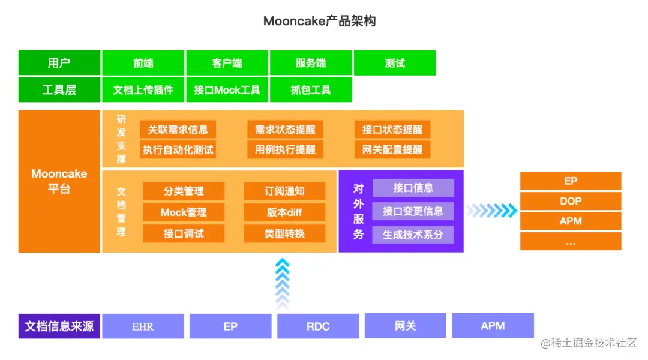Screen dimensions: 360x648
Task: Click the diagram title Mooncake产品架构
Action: [319, 21]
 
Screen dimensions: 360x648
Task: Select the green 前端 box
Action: [143, 63]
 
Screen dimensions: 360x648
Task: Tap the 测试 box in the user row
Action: [394, 63]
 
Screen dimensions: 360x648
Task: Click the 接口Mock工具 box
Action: [227, 90]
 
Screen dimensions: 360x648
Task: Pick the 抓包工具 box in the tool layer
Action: [310, 90]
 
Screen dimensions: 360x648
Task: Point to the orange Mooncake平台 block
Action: [59, 181]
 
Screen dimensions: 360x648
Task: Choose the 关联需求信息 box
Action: [178, 130]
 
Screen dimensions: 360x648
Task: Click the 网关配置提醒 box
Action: [392, 149]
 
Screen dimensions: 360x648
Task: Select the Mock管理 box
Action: [184, 212]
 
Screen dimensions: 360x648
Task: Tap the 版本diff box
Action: [284, 212]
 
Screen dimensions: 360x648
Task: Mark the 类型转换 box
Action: [284, 233]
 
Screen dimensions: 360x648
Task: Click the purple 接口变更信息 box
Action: [413, 211]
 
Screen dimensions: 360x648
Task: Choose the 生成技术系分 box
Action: [413, 235]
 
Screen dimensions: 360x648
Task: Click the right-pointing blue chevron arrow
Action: [491, 210]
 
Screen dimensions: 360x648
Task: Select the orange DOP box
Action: [570, 201]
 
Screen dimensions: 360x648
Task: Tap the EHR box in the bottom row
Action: [143, 326]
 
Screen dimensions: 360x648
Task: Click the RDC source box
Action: [318, 326]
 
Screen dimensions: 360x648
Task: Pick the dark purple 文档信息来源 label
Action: [59, 326]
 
